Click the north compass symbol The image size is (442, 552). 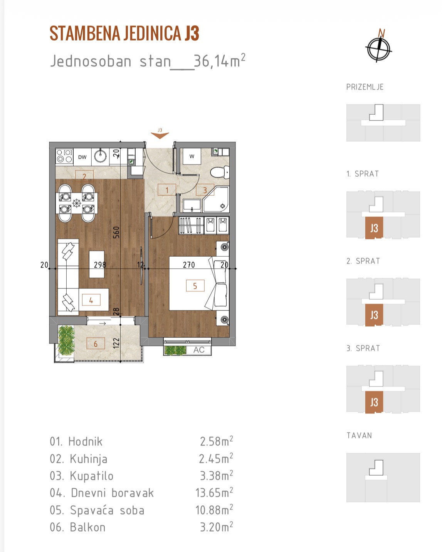coord(378,48)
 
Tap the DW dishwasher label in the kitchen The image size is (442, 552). coord(82,157)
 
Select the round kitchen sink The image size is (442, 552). coord(100,156)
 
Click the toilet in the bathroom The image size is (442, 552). coord(220,172)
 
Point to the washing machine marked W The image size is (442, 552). coord(192,156)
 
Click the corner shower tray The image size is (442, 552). coord(216,199)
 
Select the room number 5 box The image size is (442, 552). coord(195,286)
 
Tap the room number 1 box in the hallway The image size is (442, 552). coord(167,190)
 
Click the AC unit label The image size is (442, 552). coord(199,350)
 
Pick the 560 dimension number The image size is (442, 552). coord(116,232)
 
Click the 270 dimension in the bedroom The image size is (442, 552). coord(189,265)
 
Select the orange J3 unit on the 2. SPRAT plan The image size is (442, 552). coord(374,315)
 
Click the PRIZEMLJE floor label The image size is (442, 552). coord(365,87)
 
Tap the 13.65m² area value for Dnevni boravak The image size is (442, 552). coord(214,493)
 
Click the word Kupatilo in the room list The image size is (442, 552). coord(92,476)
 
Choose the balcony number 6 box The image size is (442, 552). coord(96,344)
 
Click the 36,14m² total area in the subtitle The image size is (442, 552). coord(220,61)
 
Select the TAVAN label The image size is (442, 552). coord(359,435)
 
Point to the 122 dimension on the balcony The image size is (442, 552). coord(116,343)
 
